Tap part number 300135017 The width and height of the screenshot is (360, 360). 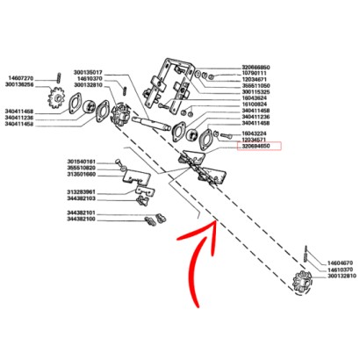pos(89,72)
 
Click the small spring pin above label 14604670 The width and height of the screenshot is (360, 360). pos(304,253)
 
